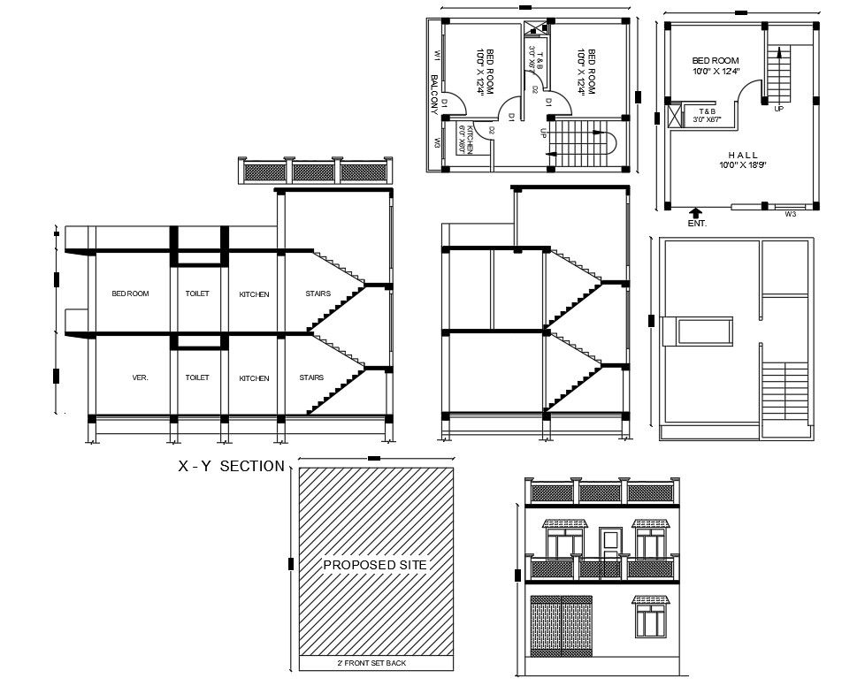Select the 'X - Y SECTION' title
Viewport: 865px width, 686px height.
click(232, 467)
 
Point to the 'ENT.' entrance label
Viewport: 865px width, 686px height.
click(697, 224)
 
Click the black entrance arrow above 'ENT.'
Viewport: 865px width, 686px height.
click(696, 212)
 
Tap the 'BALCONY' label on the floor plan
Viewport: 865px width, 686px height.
click(434, 94)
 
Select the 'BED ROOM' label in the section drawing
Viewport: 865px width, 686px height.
click(130, 293)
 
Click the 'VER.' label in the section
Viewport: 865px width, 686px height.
click(140, 377)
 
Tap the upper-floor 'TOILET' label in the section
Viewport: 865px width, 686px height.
click(197, 293)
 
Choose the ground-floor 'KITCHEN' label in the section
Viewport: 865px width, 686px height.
click(254, 378)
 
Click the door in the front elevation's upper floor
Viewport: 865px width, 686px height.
click(609, 544)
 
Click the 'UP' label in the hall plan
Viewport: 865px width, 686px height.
click(778, 109)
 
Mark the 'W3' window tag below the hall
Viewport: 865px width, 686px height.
click(790, 213)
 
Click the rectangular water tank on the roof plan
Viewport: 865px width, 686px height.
click(705, 332)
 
